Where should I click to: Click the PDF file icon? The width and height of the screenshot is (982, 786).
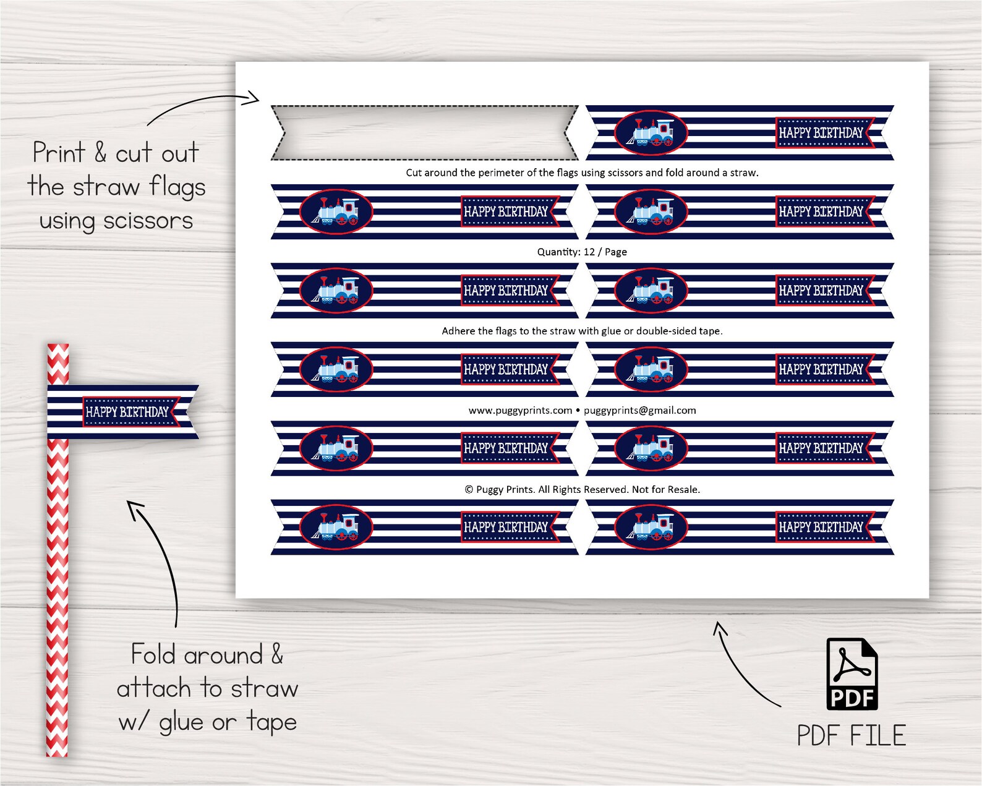coord(852,674)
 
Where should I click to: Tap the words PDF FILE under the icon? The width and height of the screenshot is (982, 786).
coord(851,736)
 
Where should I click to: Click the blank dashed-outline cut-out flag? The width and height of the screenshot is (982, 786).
coord(424,132)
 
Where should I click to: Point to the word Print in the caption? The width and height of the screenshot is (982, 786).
coord(59,153)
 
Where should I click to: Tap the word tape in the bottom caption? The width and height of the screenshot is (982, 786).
coord(271,722)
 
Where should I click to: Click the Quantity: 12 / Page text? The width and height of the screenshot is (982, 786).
coord(581,252)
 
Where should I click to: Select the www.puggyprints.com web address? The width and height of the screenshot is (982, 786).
coord(520,410)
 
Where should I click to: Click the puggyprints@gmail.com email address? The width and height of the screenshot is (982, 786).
coord(639,410)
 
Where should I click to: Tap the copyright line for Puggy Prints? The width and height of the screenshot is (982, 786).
coord(581,489)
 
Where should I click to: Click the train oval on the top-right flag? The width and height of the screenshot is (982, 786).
coord(651,132)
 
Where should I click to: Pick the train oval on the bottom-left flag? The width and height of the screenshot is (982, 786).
coord(336,527)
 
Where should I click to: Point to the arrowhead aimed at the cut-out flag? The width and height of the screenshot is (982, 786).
coord(254,97)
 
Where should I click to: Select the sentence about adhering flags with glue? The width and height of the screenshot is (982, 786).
coord(581,331)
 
